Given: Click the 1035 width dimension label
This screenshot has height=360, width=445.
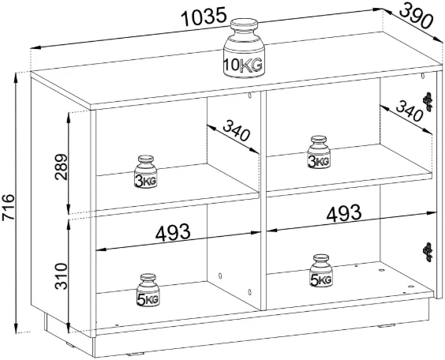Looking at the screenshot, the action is (x=204, y=17).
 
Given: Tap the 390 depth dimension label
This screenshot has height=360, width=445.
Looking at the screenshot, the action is (x=417, y=16).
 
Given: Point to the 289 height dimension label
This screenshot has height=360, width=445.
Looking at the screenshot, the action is (x=62, y=167).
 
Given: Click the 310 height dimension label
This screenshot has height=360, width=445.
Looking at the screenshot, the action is (x=62, y=276).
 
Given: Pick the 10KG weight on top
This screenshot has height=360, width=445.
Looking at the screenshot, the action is (x=244, y=48).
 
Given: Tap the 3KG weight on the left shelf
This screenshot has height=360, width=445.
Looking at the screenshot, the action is (x=146, y=171).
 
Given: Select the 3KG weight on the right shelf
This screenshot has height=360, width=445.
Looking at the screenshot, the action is (x=319, y=152).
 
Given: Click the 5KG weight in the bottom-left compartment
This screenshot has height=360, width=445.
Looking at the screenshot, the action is (x=148, y=291).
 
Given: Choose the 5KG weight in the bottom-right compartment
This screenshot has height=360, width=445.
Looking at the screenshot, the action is (x=321, y=271).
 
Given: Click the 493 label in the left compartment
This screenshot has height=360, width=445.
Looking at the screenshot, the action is (x=173, y=233).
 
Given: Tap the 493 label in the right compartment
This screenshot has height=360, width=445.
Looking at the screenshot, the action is (x=344, y=213).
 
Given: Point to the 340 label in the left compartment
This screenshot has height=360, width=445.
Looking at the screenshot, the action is (x=237, y=130).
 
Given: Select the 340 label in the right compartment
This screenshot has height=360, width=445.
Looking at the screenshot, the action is (x=409, y=111).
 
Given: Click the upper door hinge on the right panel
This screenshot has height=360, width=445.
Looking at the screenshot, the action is (x=428, y=102).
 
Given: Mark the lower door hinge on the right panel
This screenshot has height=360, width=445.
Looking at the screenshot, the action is (x=428, y=252).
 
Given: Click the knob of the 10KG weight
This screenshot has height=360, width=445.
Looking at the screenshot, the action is (x=244, y=24).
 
